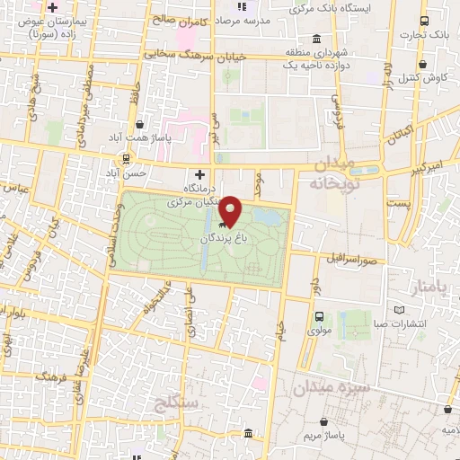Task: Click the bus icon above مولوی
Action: point(319,315)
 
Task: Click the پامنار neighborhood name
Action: point(426,288)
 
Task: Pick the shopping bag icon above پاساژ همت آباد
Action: point(137,125)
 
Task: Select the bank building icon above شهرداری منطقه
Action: point(315,40)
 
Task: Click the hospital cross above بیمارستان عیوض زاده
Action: point(53,8)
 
